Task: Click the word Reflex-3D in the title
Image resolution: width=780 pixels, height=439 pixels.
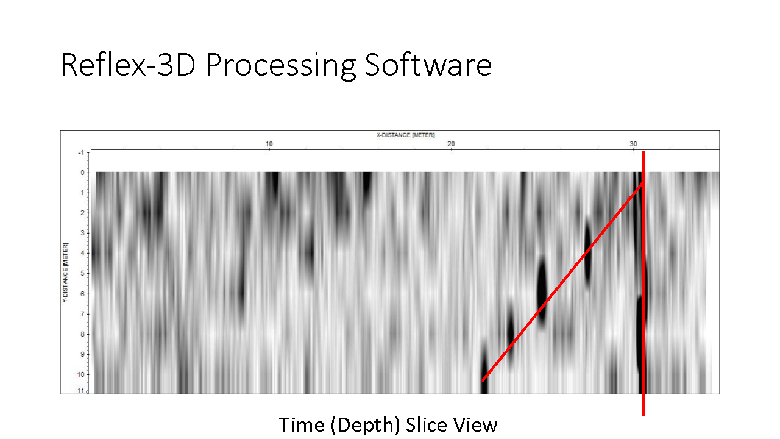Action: point(128,65)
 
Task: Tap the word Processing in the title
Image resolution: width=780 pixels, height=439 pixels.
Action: point(281,66)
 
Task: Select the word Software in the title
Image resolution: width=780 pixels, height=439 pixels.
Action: point(428,65)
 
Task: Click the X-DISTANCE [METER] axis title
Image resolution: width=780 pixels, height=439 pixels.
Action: point(405,135)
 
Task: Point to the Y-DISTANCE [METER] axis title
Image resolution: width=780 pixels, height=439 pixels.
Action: point(65,273)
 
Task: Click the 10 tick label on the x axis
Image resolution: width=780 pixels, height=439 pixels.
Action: point(269,144)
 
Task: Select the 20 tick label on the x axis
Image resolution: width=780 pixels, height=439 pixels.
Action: point(451,144)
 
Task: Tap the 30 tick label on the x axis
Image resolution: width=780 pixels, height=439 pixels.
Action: point(633,144)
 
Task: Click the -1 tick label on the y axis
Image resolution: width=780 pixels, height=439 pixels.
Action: point(81,152)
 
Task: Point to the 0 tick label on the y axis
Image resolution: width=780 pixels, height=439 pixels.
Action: point(82,173)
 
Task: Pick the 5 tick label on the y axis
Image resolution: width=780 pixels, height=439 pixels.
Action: point(82,273)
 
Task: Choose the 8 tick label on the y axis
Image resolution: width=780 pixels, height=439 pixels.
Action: point(82,334)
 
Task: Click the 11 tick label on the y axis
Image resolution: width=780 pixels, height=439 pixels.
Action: point(81,391)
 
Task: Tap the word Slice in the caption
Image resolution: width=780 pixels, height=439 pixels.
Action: point(426,425)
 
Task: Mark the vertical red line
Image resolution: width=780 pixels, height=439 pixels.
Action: point(643,284)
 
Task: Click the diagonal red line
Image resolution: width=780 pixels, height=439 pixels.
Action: point(562,281)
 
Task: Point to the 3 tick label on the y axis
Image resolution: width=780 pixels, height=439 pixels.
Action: point(82,233)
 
